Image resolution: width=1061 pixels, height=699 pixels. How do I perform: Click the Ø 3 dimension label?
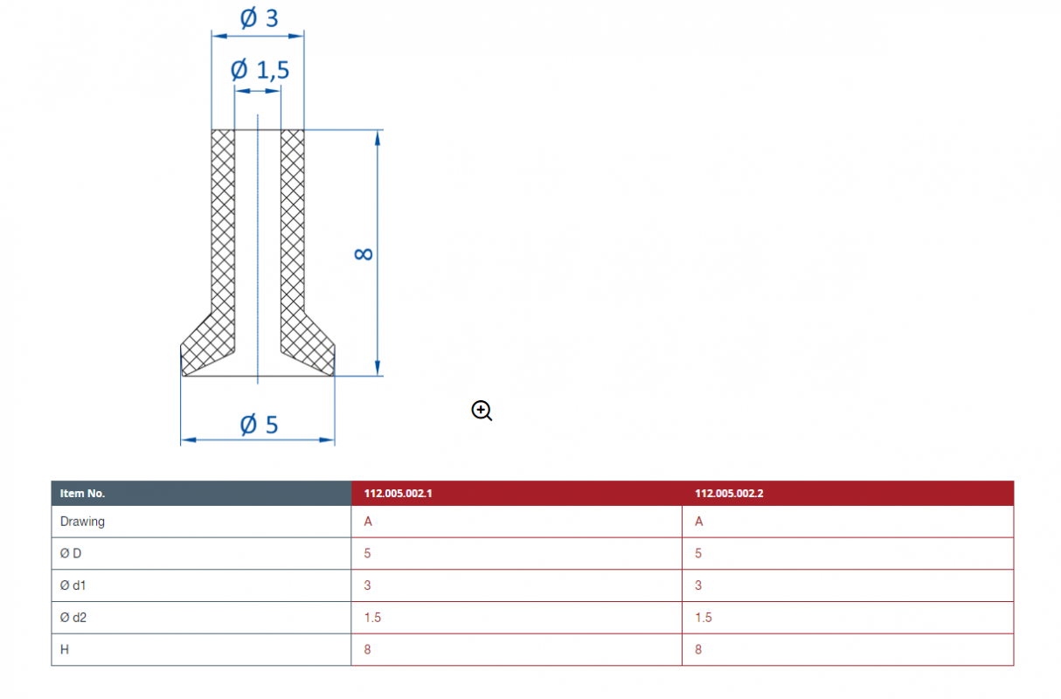259,18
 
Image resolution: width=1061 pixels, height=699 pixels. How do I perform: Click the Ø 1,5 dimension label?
260,70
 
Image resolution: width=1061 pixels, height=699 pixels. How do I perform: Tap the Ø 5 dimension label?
259,425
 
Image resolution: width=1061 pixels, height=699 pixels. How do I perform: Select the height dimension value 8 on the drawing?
364,254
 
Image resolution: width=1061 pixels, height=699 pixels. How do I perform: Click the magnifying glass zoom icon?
482,411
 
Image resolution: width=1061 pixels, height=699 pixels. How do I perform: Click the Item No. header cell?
82,494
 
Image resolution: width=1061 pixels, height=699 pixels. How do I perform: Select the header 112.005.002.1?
398,494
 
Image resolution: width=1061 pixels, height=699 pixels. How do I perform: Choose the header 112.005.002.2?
729,494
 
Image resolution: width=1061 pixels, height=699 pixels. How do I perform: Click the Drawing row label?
82,522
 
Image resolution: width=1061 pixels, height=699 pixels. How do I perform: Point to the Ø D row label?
71,553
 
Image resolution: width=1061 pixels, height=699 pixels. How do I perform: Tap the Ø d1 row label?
73,585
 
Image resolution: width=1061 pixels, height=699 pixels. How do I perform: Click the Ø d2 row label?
73,618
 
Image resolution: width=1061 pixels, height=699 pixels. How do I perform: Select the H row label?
65,649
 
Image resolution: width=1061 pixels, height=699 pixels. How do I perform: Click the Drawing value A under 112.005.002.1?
368,522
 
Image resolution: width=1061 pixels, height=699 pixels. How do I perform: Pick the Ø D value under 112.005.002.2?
698,553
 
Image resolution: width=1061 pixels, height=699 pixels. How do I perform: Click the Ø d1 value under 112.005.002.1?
367,585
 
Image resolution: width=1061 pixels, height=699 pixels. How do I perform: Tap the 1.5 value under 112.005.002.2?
704,618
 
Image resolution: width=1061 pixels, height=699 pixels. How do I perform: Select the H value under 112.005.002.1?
367,649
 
